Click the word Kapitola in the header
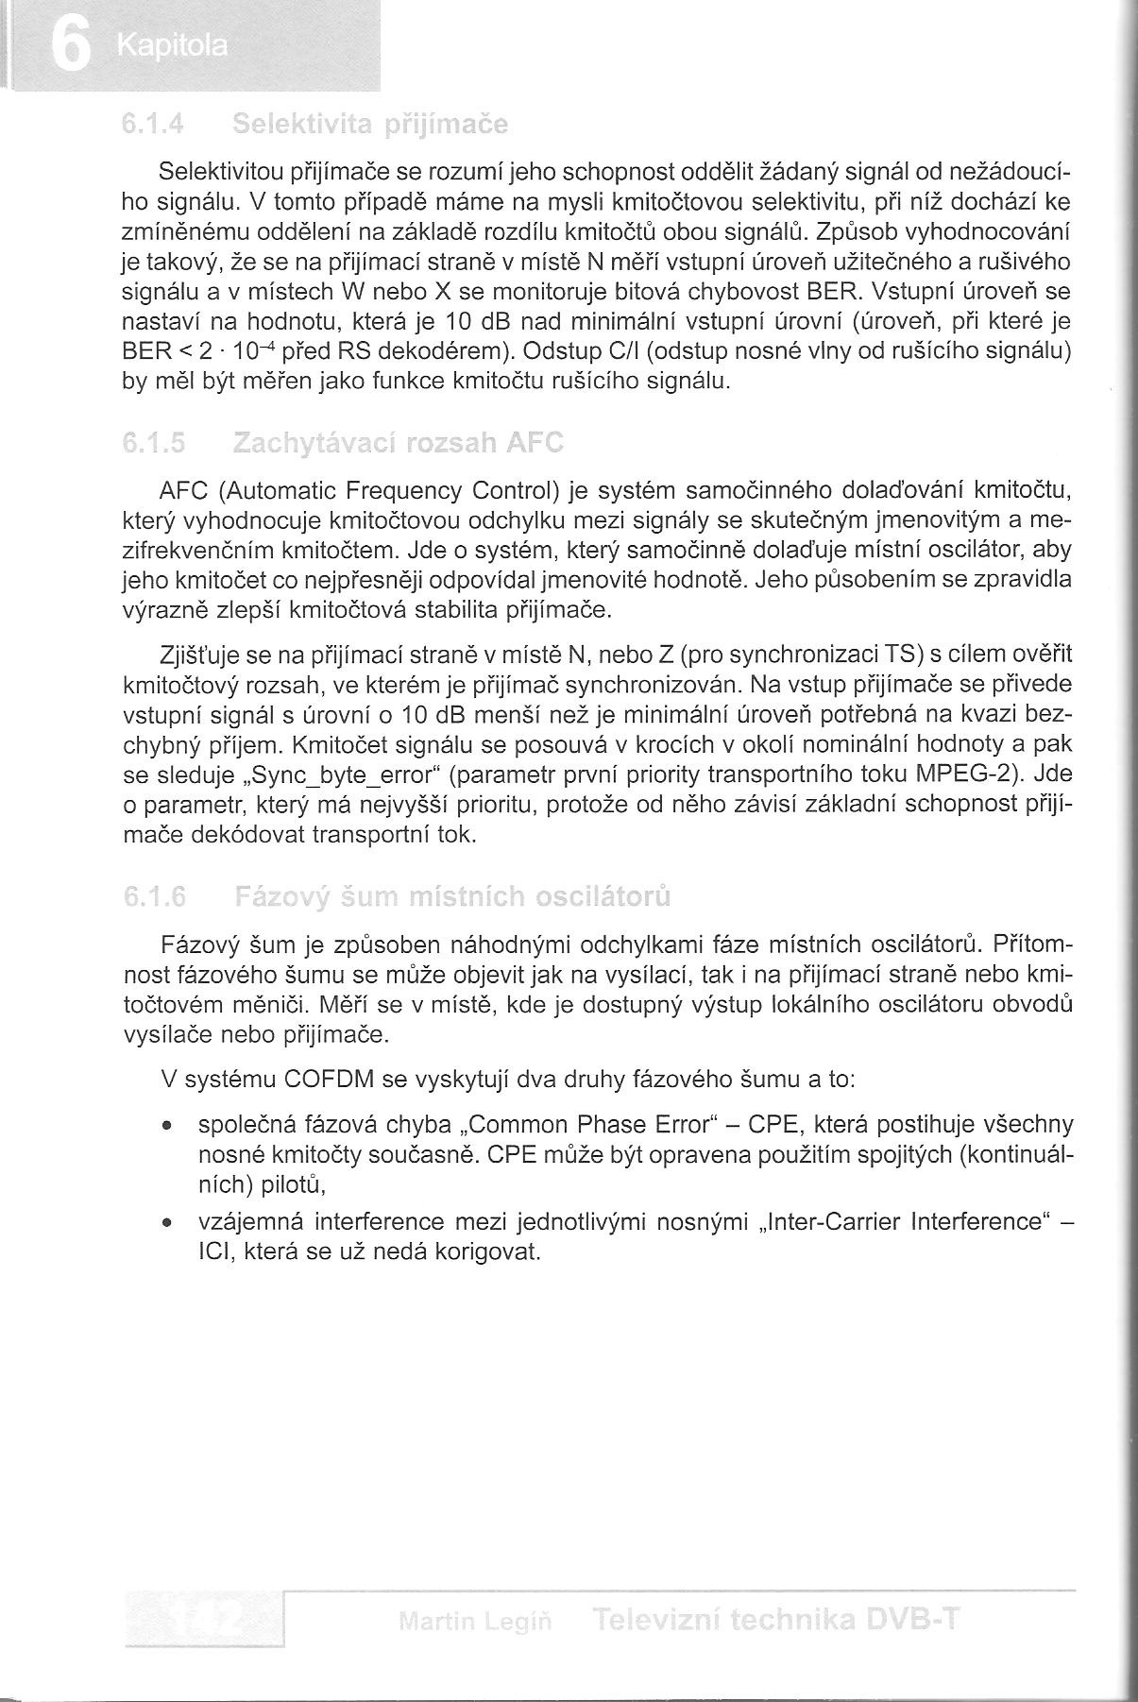tap(173, 46)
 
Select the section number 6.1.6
tap(154, 895)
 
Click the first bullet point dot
tap(166, 1127)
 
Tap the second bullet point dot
tap(166, 1223)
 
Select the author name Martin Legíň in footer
tap(475, 1622)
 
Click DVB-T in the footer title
tap(913, 1620)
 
